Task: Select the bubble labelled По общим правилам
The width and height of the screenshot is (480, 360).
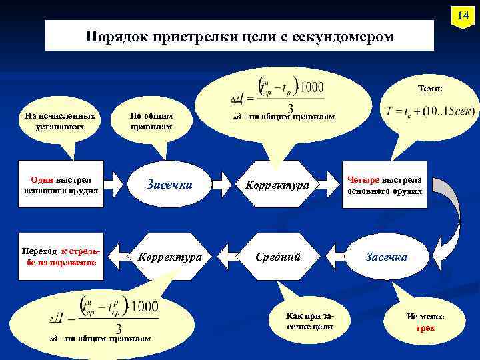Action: click(x=151, y=121)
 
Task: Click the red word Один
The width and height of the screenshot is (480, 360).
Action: click(x=43, y=179)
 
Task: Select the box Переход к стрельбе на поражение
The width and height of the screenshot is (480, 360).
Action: click(x=61, y=257)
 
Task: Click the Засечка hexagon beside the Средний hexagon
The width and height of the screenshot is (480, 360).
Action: click(x=386, y=257)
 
